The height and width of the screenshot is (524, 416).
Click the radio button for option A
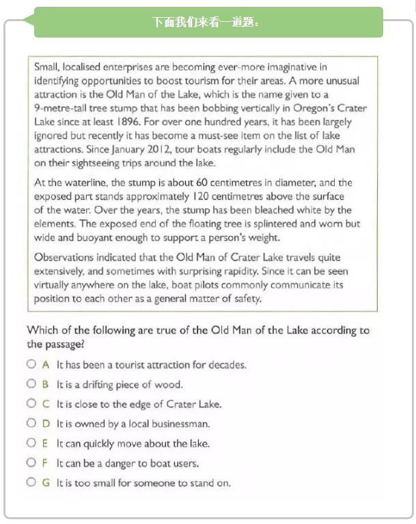(x=31, y=364)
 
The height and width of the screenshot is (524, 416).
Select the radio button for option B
(x=31, y=384)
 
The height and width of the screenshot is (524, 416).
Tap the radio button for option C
(x=31, y=403)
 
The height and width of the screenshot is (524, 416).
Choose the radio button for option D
(x=31, y=423)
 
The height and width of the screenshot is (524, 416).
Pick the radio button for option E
(x=31, y=443)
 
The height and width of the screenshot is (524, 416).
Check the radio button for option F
(x=31, y=463)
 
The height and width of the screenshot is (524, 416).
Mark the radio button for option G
(x=31, y=482)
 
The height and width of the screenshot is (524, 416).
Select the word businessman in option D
(x=180, y=423)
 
